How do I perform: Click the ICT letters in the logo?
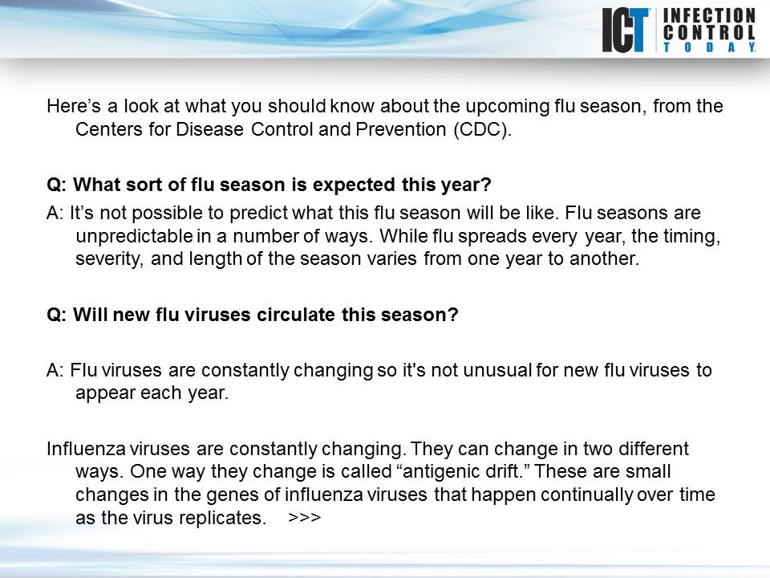[x=627, y=31]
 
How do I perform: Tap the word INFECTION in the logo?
[x=709, y=16]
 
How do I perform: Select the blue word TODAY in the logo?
[x=709, y=48]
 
